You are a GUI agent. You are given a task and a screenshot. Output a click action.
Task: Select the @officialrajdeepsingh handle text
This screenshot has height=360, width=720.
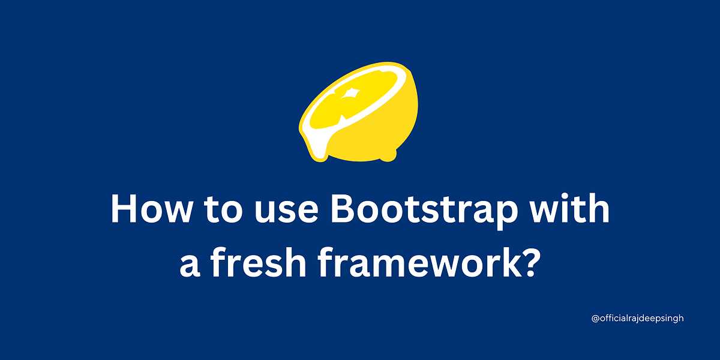point(638,319)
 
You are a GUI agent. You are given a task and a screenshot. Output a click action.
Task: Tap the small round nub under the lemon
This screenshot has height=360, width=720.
point(389,155)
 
